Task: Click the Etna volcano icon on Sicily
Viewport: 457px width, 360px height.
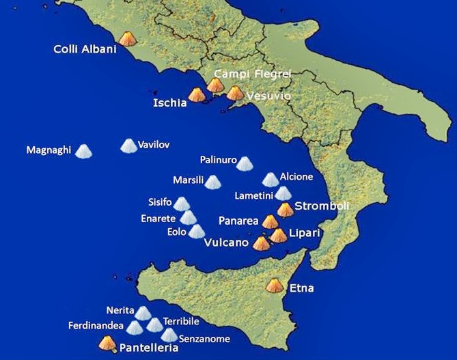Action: [275, 286]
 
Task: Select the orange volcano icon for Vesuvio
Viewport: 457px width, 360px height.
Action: [234, 94]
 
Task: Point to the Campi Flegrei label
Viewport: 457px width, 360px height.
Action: [243, 73]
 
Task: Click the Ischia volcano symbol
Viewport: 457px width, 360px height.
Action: [196, 95]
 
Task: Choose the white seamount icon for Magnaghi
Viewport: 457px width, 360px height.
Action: [83, 151]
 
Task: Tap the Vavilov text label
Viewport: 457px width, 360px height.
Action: [154, 145]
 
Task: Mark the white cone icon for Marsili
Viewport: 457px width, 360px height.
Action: [213, 182]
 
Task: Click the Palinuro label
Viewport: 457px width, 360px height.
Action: [218, 161]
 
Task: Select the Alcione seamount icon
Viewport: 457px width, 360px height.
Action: [271, 180]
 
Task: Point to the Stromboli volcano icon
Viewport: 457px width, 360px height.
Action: [285, 209]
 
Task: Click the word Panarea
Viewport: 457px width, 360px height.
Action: [238, 221]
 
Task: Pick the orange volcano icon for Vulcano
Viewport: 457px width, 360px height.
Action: [261, 243]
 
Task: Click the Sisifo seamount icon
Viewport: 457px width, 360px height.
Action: [181, 204]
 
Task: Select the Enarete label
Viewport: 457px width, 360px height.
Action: [158, 219]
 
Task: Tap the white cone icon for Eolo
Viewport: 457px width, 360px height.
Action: [197, 232]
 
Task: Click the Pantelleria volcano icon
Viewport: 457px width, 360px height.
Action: [107, 344]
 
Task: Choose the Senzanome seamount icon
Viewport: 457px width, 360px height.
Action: [169, 335]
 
